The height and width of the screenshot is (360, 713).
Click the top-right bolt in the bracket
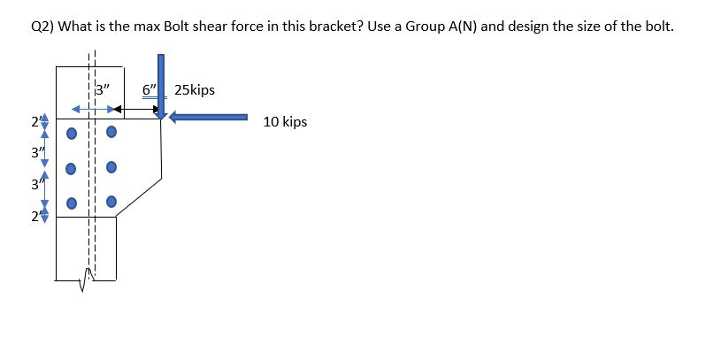pos(111,134)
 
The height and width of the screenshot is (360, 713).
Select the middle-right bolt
pos(111,167)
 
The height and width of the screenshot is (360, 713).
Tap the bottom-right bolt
pos(111,201)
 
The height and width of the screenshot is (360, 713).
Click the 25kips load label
pos(195,90)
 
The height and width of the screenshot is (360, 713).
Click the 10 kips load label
pos(285,121)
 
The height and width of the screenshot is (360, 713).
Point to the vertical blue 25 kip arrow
pos(161,84)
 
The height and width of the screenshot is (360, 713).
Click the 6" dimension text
pos(149,89)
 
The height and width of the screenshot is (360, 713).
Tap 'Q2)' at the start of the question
pos(42,26)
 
